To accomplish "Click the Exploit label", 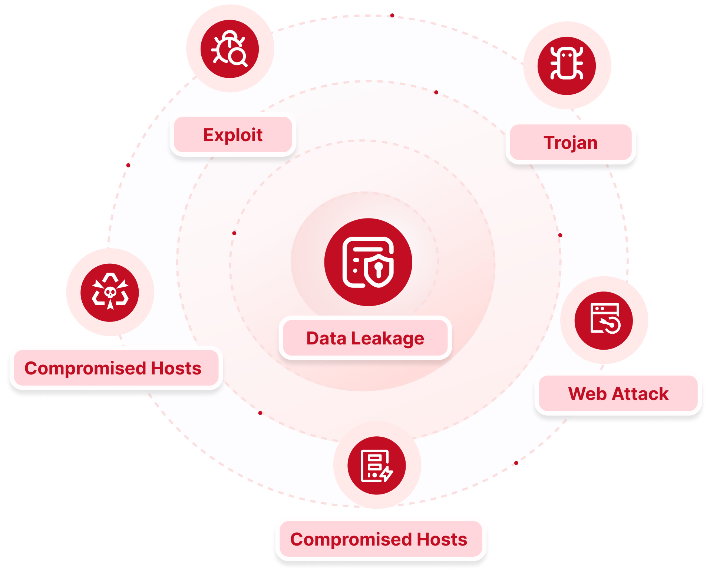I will pos(233,135).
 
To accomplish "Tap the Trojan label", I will pos(571,143).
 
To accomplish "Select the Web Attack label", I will pos(618,393).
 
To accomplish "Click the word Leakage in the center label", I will pos(387,339).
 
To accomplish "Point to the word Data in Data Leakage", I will pos(326,339).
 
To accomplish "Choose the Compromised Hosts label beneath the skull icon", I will pos(113,368).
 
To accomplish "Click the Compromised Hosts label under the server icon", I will pos(379,539).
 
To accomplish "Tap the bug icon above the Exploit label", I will pos(230,49).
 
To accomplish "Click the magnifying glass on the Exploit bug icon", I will pos(237,57).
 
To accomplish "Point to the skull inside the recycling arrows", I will pos(110,293).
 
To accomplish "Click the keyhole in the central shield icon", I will pos(378,269).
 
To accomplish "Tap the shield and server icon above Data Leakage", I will pos(368,262).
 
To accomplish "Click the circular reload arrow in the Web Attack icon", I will pos(612,325).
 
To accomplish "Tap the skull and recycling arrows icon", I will pos(110,292).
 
